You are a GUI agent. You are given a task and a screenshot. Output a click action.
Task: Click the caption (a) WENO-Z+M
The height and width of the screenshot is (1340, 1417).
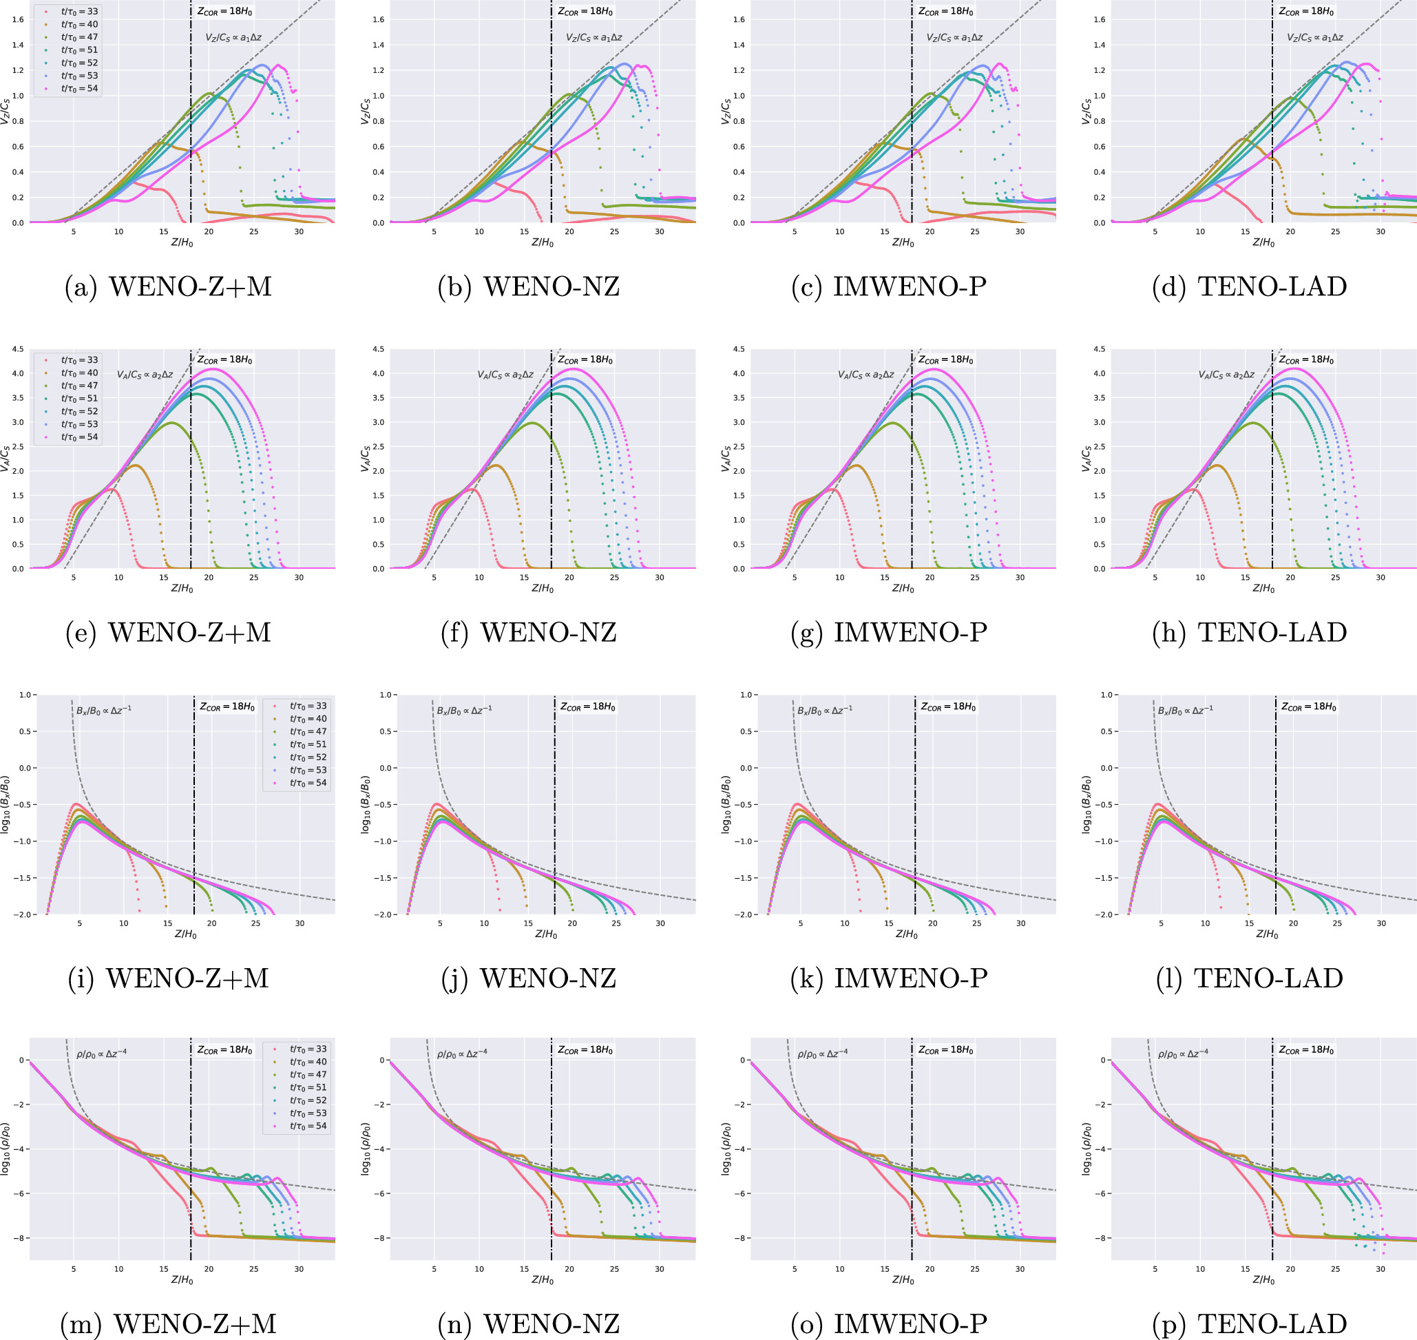tap(169, 286)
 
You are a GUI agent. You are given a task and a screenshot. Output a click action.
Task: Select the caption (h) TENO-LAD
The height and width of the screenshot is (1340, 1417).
tap(1249, 632)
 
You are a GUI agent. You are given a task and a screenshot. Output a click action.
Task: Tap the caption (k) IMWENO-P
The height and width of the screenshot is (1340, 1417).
tap(889, 978)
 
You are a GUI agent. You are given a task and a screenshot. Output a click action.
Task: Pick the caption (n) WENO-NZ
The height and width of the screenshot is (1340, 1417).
tap(529, 1323)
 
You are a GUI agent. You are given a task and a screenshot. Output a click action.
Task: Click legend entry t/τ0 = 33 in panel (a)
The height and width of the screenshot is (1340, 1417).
tap(78, 12)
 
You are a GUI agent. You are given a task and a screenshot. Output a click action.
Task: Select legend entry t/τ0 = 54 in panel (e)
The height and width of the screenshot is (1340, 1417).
tap(78, 437)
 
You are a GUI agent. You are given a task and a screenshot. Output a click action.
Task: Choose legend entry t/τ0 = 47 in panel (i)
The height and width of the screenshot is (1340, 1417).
tap(308, 731)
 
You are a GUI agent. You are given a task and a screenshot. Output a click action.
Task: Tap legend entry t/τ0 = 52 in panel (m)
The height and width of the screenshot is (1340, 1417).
tap(308, 1100)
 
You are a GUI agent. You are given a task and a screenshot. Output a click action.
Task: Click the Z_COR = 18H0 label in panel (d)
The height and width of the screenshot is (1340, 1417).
tap(1305, 12)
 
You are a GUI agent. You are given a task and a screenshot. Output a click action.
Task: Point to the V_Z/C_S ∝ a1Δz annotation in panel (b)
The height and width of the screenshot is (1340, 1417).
tap(594, 38)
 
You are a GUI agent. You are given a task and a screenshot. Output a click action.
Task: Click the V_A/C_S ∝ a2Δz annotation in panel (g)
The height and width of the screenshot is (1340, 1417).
tap(865, 375)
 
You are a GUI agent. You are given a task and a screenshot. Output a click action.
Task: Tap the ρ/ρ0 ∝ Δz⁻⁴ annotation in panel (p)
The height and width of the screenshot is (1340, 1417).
tap(1183, 1054)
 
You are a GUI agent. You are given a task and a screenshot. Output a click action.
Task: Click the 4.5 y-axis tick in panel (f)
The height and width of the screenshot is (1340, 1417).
tap(378, 349)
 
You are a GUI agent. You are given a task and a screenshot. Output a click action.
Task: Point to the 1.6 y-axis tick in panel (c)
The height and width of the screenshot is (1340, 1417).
tap(739, 19)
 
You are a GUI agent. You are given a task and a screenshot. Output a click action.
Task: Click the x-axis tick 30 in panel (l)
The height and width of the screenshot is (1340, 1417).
tap(1381, 923)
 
